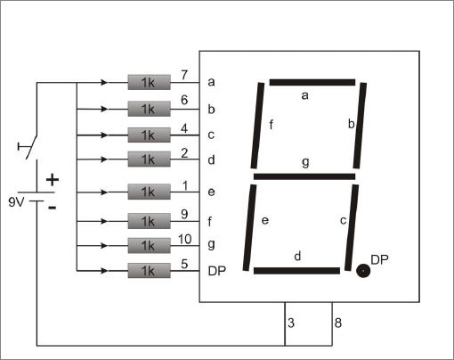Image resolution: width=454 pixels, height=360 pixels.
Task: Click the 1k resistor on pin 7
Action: coord(150,82)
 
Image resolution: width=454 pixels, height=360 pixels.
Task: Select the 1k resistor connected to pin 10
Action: coord(150,246)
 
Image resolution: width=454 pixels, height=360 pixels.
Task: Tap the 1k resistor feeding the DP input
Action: coord(150,271)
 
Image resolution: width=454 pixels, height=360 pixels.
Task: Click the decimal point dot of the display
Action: coord(363,271)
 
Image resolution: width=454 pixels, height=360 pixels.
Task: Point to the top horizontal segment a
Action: coord(312,82)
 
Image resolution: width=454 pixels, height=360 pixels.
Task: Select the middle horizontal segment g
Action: coord(304,176)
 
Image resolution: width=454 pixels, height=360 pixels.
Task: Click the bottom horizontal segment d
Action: coord(296,271)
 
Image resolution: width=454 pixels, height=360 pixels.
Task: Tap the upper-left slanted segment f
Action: coord(257,126)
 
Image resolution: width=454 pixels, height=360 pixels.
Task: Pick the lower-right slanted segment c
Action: coord(352,227)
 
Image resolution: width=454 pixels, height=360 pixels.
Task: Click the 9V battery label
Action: coord(16,202)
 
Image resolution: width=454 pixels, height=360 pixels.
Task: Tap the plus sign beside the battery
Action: coord(53,180)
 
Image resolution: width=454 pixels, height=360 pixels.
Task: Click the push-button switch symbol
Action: coord(28,147)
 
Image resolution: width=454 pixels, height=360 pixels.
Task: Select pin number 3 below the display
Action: coord(291,323)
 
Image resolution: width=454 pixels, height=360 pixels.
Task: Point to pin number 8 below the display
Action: coord(338,323)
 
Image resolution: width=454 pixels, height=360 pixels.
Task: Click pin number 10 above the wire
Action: coord(184,239)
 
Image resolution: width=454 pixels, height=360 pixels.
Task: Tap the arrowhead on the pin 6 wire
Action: coord(104,109)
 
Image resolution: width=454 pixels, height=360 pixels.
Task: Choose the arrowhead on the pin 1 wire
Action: coord(104,192)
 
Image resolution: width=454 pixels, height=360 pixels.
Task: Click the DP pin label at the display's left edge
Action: coord(217,271)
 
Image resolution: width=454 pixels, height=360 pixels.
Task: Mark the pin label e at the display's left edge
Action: coord(211,192)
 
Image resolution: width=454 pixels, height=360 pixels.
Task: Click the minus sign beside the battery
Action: coord(53,208)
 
